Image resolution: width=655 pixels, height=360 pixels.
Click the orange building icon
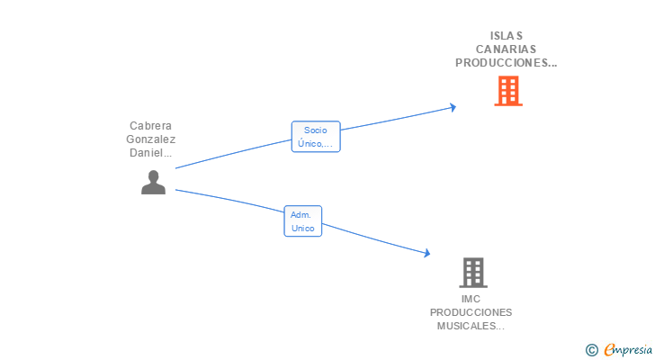click(x=508, y=91)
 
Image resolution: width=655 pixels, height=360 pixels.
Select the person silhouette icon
click(x=154, y=183)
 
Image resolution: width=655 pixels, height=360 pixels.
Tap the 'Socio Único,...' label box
click(x=316, y=137)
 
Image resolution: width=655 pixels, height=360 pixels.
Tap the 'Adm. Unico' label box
click(x=303, y=221)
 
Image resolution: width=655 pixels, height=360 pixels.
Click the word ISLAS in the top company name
click(x=507, y=36)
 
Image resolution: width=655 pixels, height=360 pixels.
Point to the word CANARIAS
click(x=507, y=49)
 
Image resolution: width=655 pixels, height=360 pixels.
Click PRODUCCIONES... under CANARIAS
click(x=507, y=63)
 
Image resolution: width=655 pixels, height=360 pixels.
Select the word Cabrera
click(x=150, y=126)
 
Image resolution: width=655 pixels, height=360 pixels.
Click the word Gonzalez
click(x=150, y=139)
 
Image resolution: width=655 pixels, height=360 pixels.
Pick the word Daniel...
click(x=148, y=153)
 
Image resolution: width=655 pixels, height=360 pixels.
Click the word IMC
click(x=471, y=299)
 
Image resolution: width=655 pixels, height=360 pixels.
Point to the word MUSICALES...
click(x=469, y=326)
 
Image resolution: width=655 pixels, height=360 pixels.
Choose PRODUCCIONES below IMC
click(x=471, y=312)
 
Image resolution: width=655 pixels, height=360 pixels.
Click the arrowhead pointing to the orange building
click(x=453, y=107)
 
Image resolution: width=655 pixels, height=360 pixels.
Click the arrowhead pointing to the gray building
click(x=426, y=254)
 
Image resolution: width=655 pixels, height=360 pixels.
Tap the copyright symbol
click(x=591, y=350)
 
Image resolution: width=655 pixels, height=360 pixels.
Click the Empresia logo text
click(x=628, y=350)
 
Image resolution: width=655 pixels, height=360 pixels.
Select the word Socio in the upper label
click(x=316, y=130)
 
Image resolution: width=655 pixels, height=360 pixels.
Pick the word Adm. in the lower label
click(x=301, y=215)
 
